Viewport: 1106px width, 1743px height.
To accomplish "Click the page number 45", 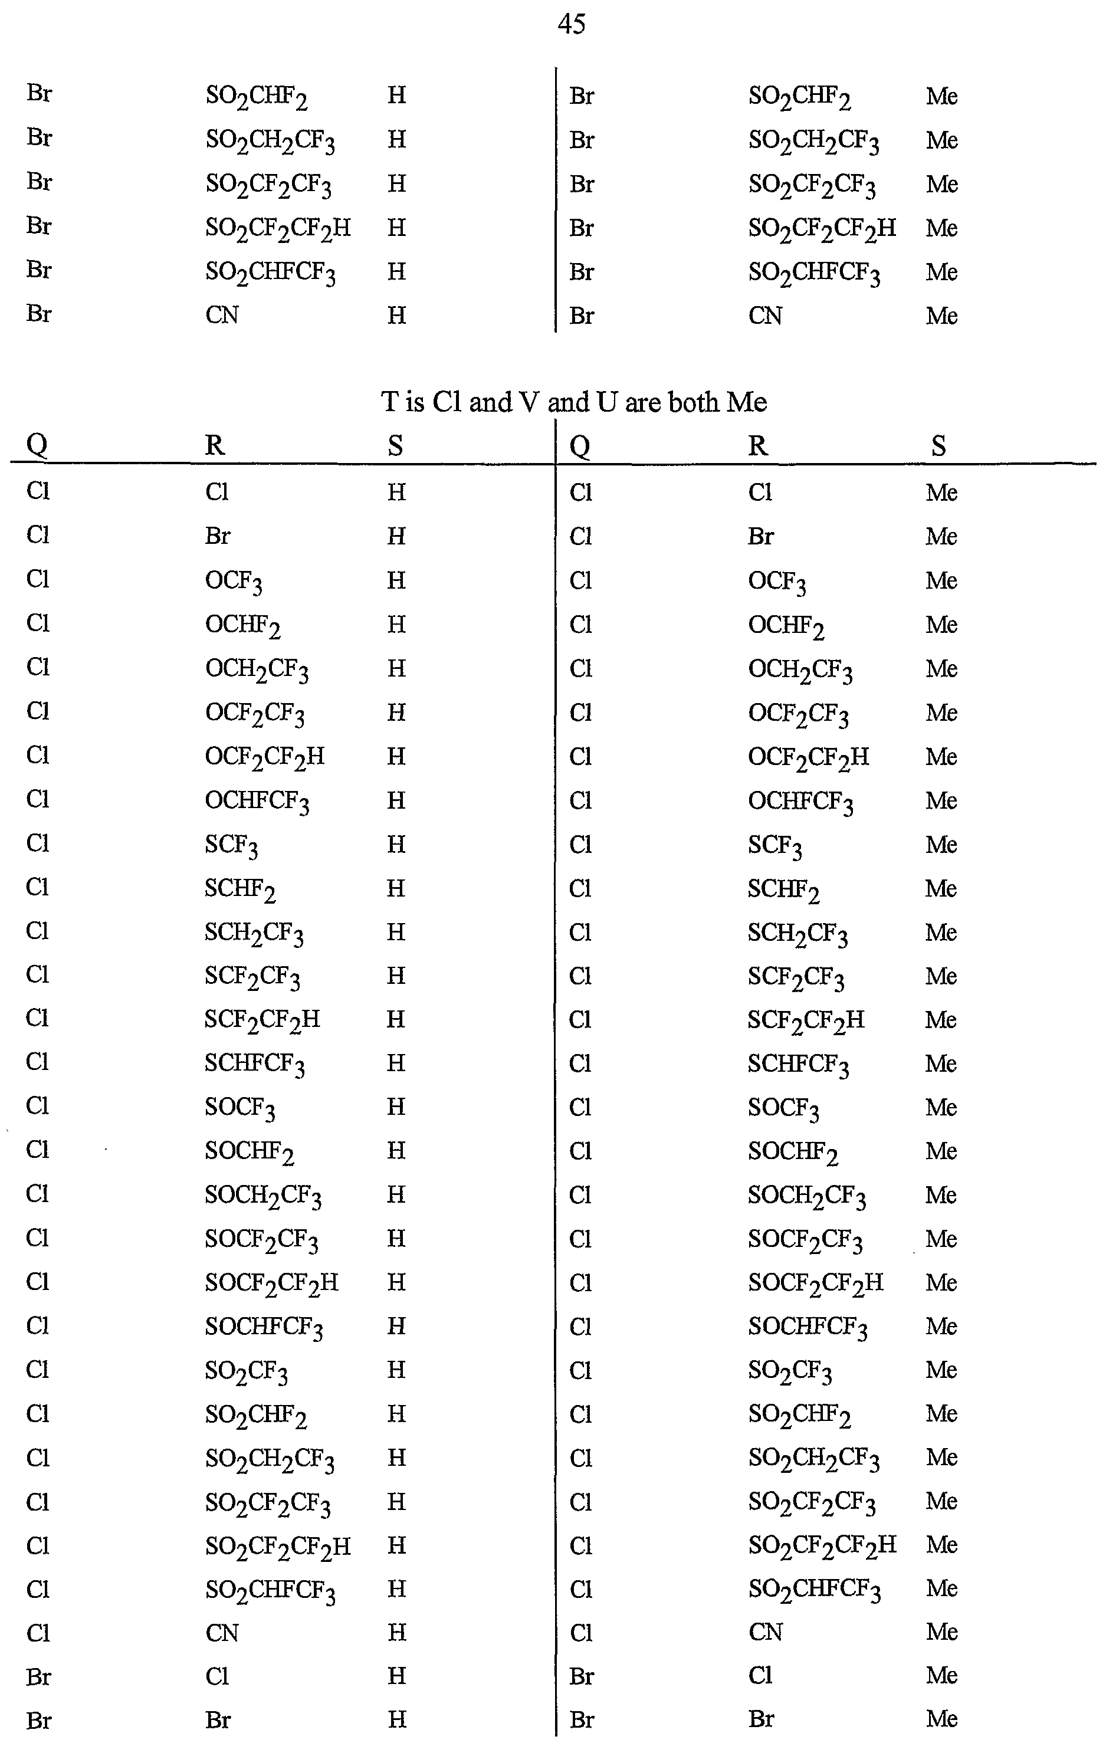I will click(571, 25).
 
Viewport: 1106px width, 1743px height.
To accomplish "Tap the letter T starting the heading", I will click(389, 402).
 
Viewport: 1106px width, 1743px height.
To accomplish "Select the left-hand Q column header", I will click(37, 444).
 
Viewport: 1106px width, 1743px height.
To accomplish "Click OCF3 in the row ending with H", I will click(233, 581).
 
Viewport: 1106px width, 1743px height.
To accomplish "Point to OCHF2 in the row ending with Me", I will click(786, 626).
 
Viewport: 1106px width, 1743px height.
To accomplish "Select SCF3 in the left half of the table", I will click(231, 845).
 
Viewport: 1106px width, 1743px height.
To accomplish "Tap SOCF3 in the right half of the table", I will click(783, 1109).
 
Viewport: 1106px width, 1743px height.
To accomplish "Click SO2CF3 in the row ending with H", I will click(246, 1371).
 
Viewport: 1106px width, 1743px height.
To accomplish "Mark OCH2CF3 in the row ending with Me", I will click(800, 670).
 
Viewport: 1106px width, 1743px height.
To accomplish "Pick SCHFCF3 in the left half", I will click(254, 1065).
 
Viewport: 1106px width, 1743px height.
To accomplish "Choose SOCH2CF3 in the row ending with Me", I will click(806, 1196).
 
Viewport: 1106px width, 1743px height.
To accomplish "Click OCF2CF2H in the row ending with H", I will click(264, 758).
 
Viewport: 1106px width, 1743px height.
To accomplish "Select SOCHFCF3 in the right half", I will click(807, 1328).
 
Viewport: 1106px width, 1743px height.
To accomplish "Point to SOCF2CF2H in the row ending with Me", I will click(815, 1284).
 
